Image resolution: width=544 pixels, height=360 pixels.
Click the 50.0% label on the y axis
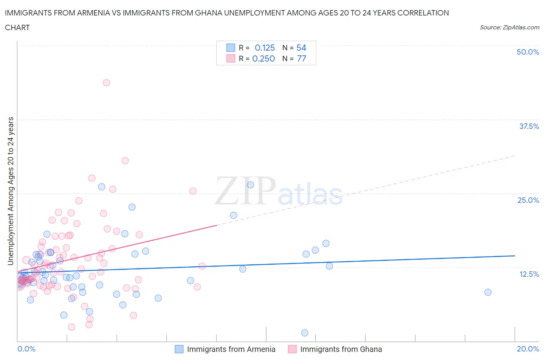coord(528,52)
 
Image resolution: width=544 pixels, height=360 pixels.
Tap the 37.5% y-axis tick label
coord(529,126)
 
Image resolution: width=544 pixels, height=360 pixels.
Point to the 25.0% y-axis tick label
coord(528,200)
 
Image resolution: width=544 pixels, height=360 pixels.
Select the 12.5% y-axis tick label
coord(529,274)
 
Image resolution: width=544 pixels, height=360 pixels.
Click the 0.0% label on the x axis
coord(26,349)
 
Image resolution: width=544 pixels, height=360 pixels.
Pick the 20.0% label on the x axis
coord(528,349)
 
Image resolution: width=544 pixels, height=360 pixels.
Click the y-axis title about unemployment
coord(10,191)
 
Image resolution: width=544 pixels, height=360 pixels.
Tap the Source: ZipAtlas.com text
coord(509,27)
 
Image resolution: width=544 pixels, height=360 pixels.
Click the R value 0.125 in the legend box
coord(265,48)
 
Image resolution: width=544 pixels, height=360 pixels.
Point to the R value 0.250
coord(263,58)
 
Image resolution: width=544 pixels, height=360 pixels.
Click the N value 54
coord(301,48)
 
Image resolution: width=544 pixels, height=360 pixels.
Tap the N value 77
coord(301,58)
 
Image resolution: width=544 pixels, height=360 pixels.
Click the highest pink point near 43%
coord(106,82)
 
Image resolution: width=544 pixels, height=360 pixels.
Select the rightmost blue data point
coord(488,292)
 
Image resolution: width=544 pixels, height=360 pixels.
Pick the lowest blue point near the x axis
coord(305,333)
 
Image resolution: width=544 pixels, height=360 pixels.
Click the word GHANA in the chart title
coord(236,13)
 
